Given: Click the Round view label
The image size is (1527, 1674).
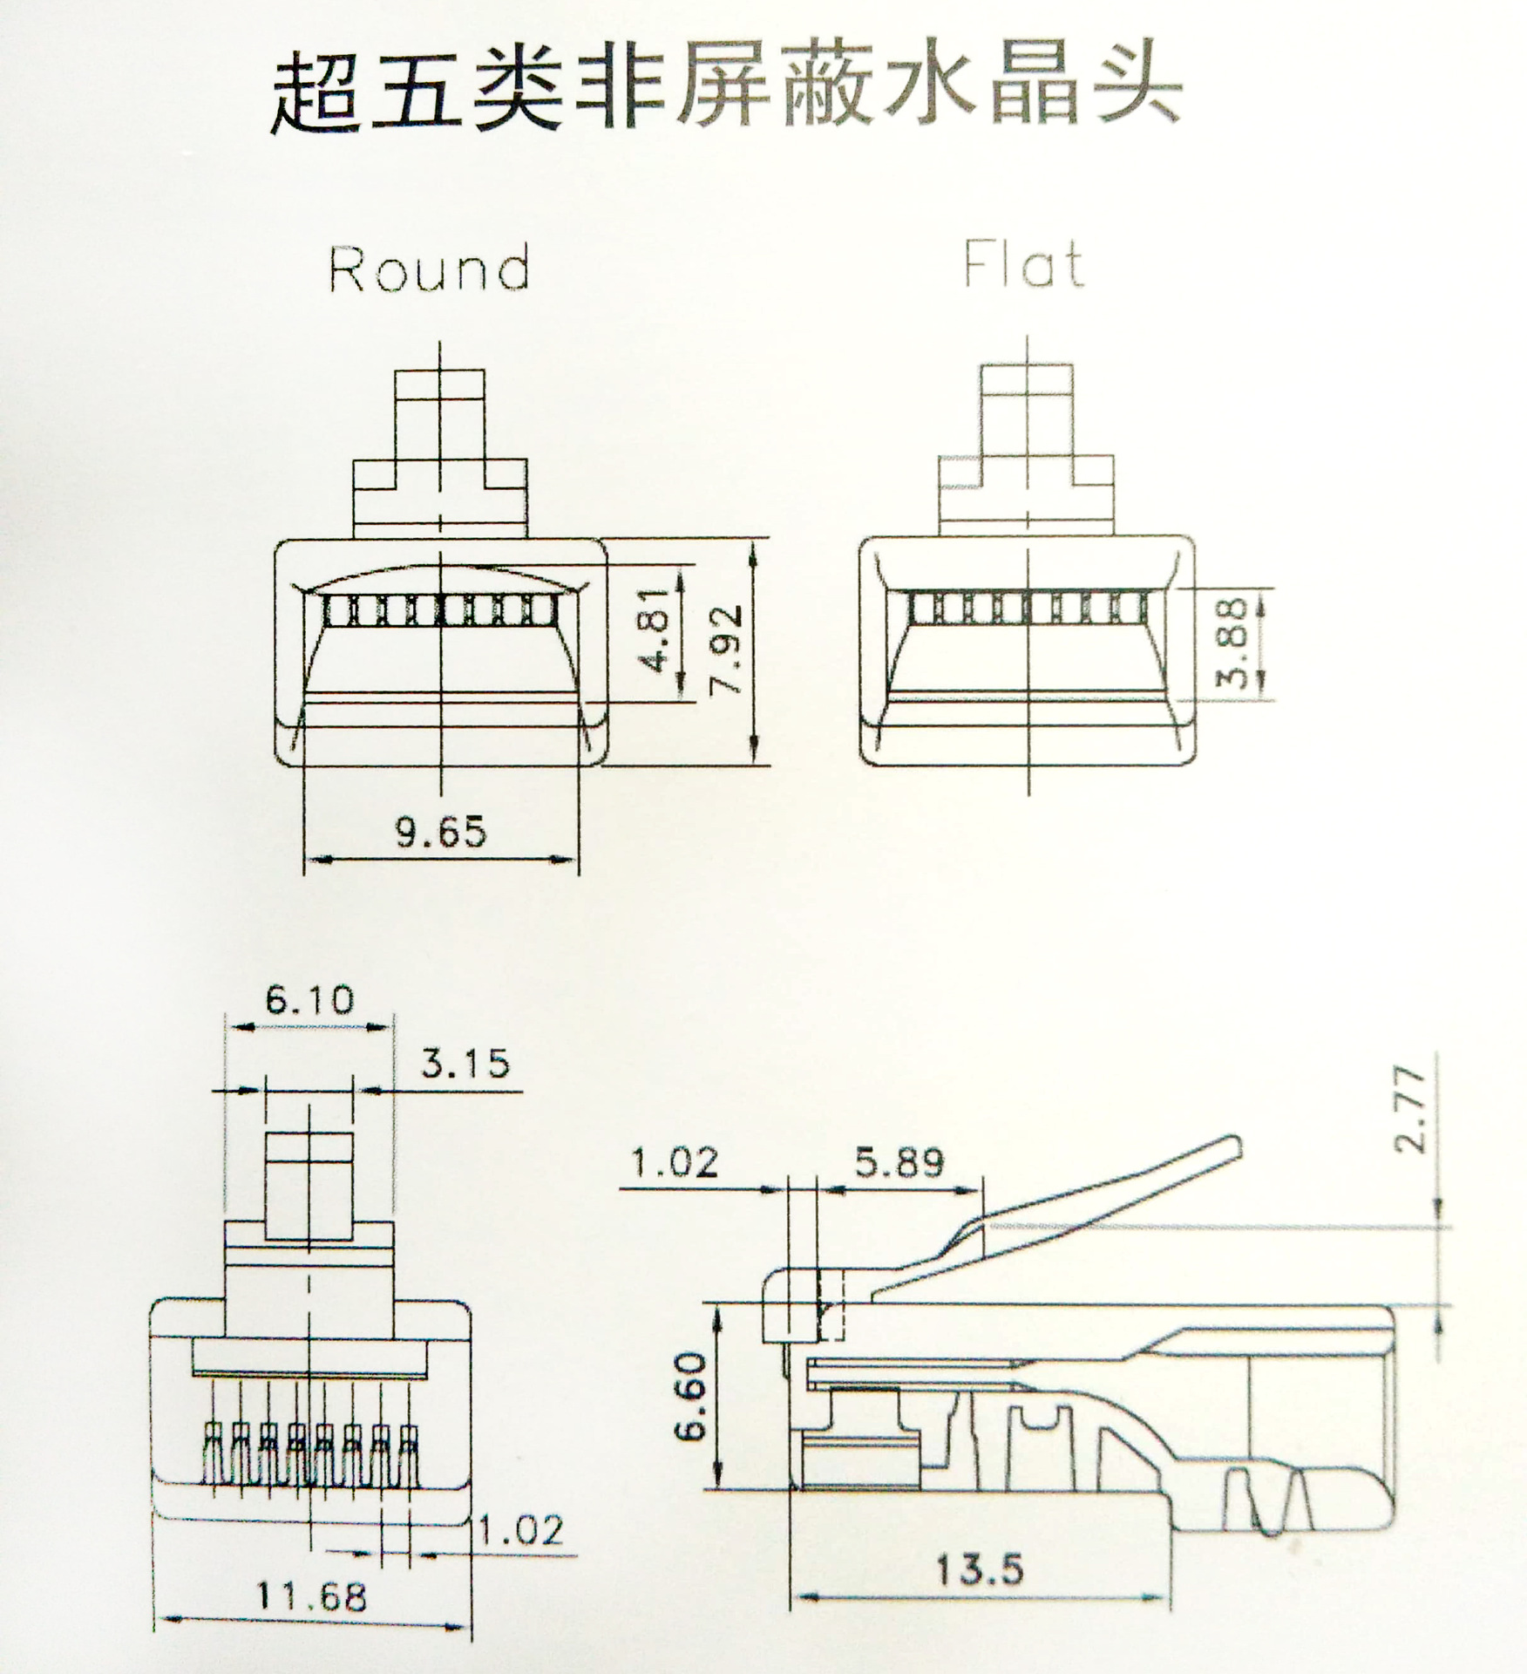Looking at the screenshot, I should coord(429,269).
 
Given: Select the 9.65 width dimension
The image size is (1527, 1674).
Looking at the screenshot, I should coord(441,832).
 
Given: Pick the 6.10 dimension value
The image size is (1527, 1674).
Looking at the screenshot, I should coord(310,1000).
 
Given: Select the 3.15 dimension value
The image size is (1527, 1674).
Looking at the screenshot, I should coord(465,1064).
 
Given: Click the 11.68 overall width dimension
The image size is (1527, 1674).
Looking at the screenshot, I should coord(312,1597).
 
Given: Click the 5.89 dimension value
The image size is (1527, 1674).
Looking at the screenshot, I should coord(899,1163).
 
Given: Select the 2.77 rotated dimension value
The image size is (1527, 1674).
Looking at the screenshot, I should coord(1411,1111).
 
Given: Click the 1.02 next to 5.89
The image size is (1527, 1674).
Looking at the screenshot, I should coord(675,1163).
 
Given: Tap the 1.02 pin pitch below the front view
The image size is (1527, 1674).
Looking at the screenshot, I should coord(522,1530).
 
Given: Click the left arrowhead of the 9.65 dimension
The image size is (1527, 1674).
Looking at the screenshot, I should coord(315,860).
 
